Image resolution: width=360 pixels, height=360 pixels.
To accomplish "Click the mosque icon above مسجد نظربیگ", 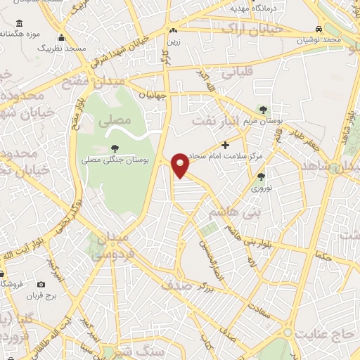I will point(62,38).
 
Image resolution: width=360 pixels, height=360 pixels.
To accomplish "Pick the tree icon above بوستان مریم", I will point(263,110).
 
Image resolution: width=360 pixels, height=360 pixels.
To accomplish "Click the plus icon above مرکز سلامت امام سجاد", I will point(225,145).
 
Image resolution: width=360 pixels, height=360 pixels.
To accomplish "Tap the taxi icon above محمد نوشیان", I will point(319,30).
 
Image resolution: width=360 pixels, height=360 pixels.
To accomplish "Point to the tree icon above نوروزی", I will point(261,176).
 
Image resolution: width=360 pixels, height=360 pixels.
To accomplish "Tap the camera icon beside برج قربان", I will point(41,284).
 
